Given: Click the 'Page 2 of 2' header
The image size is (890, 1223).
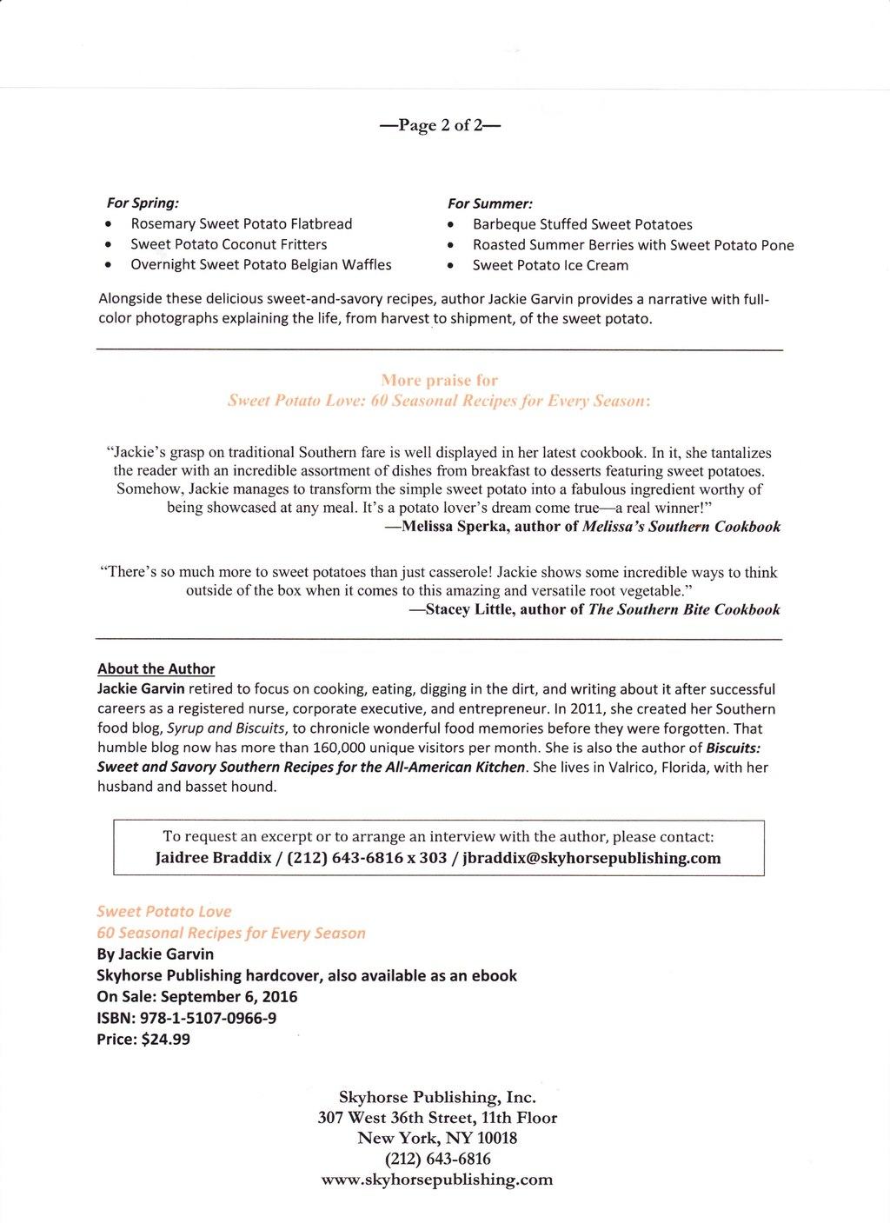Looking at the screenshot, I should (441, 125).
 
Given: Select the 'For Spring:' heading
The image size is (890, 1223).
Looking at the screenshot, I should (143, 203).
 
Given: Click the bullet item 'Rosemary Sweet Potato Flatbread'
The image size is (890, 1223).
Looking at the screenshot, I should (241, 223).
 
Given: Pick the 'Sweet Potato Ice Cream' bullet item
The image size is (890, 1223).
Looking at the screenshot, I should (550, 265).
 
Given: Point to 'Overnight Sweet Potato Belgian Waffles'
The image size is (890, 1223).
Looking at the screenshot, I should (261, 264).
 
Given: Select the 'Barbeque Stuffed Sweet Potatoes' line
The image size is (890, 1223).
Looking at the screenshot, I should (582, 224).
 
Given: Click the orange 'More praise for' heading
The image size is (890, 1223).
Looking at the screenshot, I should (439, 380).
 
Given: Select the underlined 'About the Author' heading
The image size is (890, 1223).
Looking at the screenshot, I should (156, 668).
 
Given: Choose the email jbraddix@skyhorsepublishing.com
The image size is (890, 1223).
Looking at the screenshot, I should (592, 858).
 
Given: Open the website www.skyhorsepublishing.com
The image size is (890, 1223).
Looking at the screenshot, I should (437, 1180).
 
